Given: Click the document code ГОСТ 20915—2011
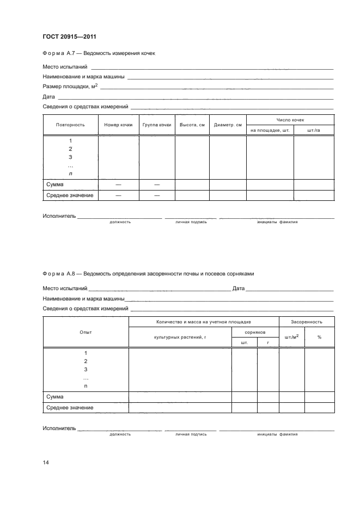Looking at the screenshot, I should click(x=70, y=36).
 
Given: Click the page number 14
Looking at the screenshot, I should click(x=46, y=462).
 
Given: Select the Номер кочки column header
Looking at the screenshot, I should click(x=118, y=125).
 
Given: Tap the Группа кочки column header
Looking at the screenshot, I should click(x=157, y=125).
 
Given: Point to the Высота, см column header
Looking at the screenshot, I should click(x=192, y=125).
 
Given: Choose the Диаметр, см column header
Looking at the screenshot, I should click(x=228, y=125).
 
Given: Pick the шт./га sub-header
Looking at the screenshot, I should click(x=313, y=130).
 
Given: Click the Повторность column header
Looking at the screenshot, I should click(x=70, y=125).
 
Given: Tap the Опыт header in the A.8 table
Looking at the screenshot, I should click(x=86, y=332).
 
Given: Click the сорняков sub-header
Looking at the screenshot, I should click(x=255, y=332).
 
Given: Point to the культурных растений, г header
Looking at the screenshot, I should click(x=180, y=338).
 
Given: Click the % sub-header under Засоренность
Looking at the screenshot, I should click(x=319, y=338).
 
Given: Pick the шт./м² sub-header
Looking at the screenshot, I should click(x=291, y=338).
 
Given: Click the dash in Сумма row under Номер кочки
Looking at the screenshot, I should click(x=118, y=185).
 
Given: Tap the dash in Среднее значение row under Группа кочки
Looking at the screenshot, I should click(x=157, y=195).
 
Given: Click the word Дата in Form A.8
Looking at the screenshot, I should click(x=238, y=288).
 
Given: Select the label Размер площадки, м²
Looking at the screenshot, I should click(x=70, y=87).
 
